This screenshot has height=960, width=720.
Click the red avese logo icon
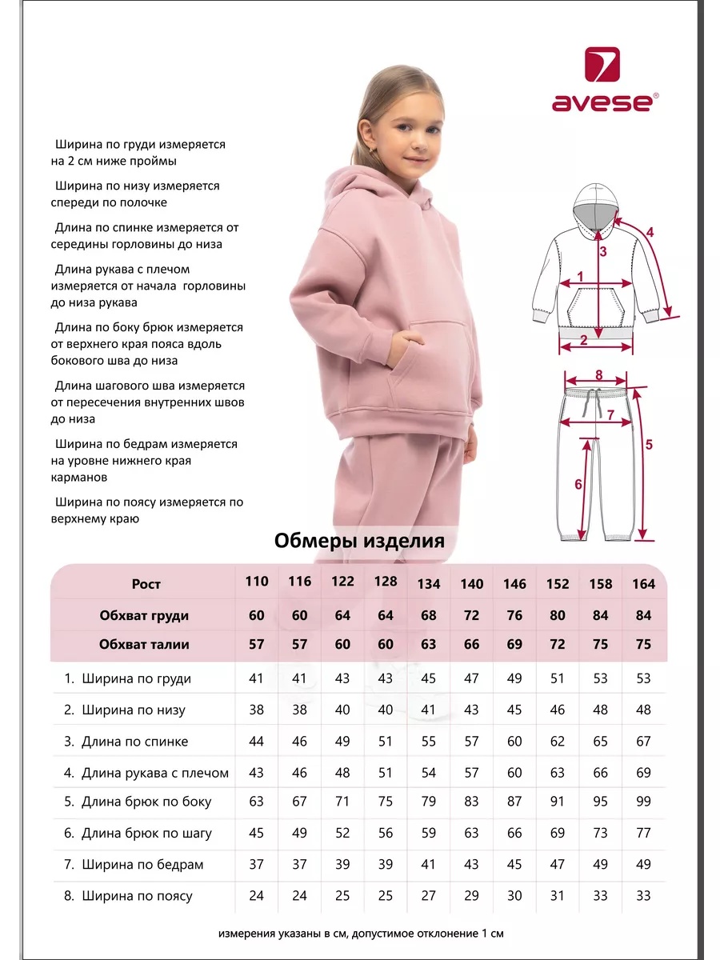[x=602, y=65]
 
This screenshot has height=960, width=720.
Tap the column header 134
[x=429, y=584]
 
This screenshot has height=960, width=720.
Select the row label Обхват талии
[x=144, y=645]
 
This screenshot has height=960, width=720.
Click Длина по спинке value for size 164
[x=643, y=742]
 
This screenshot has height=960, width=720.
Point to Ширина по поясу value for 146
[x=514, y=896]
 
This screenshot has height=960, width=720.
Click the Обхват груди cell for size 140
[x=471, y=615]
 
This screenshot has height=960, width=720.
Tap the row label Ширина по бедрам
[x=134, y=865]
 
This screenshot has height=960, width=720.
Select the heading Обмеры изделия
[x=359, y=541]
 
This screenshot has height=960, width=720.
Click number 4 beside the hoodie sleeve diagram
[x=650, y=233]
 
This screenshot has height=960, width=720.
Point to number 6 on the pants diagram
[x=578, y=484]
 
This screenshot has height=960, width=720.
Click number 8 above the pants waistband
[x=598, y=374]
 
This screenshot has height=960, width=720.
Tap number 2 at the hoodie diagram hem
[x=583, y=339]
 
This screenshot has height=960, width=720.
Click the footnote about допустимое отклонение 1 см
[x=361, y=934]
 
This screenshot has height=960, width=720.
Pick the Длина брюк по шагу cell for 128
[x=386, y=834]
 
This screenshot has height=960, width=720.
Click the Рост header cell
[x=146, y=584]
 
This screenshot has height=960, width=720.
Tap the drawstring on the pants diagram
[x=593, y=400]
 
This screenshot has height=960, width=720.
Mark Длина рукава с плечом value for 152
[x=558, y=773]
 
